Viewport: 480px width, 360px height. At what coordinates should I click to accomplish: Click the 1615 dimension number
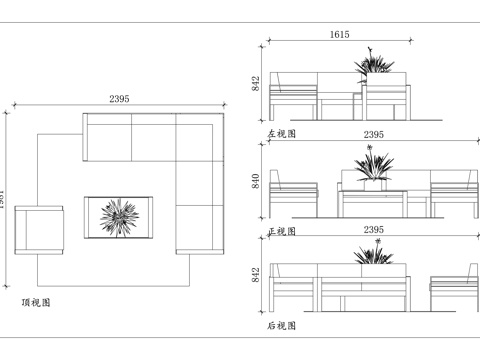pyautogui.click(x=339, y=35)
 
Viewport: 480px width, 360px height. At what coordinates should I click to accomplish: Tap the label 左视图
pyautogui.click(x=281, y=132)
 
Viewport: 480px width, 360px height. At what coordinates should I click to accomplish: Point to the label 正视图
pyautogui.click(x=281, y=231)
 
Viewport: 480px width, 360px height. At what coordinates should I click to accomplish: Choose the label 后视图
pyautogui.click(x=281, y=326)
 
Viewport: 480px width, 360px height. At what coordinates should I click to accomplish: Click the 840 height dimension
pyautogui.click(x=257, y=179)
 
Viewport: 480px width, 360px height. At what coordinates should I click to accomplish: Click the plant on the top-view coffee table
pyautogui.click(x=119, y=217)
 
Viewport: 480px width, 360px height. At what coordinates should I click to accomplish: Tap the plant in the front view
pyautogui.click(x=372, y=166)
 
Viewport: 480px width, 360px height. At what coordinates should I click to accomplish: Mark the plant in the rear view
pyautogui.click(x=373, y=256)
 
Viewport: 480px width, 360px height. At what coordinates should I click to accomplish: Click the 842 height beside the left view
pyautogui.click(x=257, y=84)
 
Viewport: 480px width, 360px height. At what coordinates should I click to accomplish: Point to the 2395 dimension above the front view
pyautogui.click(x=373, y=134)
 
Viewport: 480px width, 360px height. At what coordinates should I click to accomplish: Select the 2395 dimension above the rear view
pyautogui.click(x=373, y=230)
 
